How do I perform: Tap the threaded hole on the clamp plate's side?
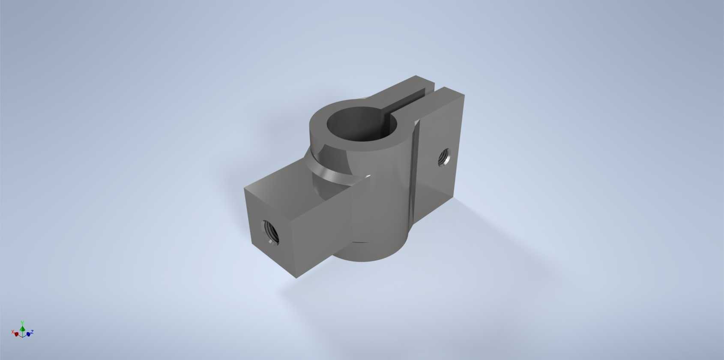tap(444, 157)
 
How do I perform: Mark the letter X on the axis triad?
tap(12, 332)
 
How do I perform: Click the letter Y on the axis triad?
tap(22, 323)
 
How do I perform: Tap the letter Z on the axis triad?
tap(32, 332)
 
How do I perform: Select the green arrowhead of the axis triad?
tap(22, 329)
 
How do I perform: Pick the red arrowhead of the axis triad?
tap(16, 334)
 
